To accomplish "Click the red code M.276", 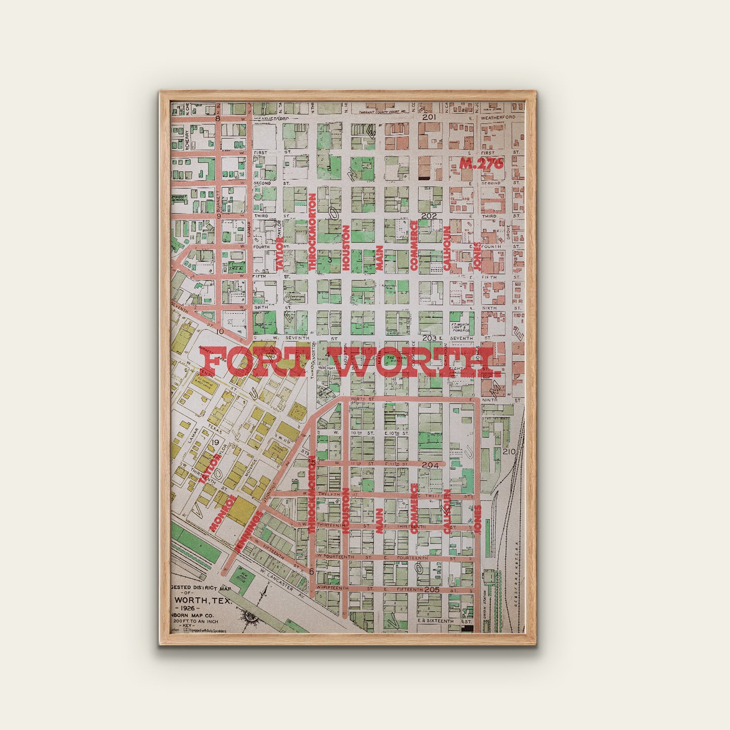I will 481,163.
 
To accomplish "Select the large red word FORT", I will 262,362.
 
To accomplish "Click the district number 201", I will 429,117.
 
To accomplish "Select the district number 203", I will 429,338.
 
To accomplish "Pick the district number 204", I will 430,465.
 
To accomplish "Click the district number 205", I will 431,590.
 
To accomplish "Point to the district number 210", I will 509,451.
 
